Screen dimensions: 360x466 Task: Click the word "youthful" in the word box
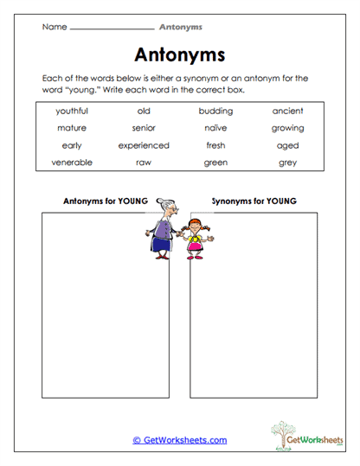pyautogui.click(x=72, y=111)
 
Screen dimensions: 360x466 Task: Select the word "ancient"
pyautogui.click(x=287, y=111)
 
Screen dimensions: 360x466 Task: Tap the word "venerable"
pyautogui.click(x=72, y=163)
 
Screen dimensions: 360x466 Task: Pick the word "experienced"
pyautogui.click(x=144, y=145)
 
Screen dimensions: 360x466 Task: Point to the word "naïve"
pyautogui.click(x=215, y=128)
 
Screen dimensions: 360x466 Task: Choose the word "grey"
pyautogui.click(x=287, y=163)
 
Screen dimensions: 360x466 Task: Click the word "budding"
pyautogui.click(x=215, y=111)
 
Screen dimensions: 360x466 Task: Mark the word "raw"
pyautogui.click(x=144, y=163)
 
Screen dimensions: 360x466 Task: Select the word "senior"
pyautogui.click(x=144, y=128)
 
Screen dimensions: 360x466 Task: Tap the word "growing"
pyautogui.click(x=287, y=128)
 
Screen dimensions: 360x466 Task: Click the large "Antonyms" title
pyautogui.click(x=181, y=54)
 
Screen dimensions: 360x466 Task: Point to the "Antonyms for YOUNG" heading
pyautogui.click(x=106, y=201)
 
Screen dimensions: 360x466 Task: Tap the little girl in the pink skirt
pyautogui.click(x=196, y=235)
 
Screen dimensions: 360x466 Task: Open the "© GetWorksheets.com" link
pyautogui.click(x=180, y=440)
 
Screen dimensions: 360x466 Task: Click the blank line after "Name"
pyautogui.click(x=111, y=29)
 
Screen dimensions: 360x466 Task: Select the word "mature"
pyautogui.click(x=72, y=128)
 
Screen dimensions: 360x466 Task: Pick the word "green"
pyautogui.click(x=215, y=163)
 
